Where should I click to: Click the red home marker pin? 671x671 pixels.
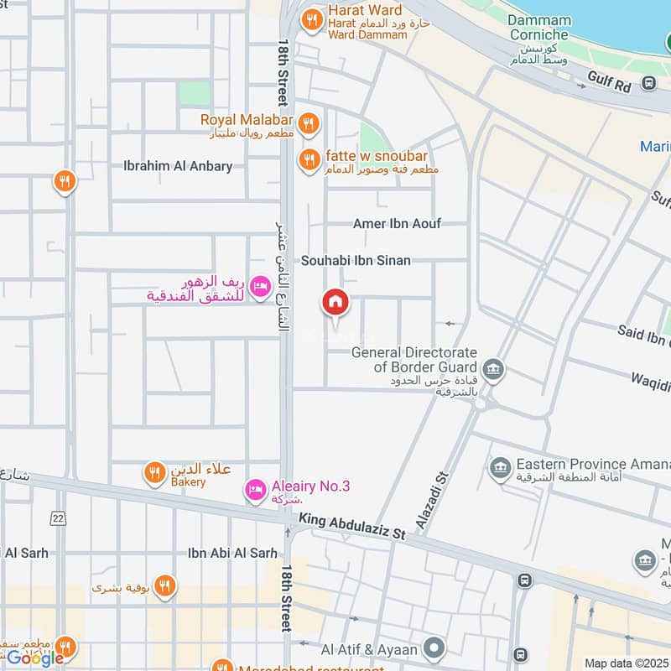point(335,303)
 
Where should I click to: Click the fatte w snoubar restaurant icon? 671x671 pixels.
point(309,158)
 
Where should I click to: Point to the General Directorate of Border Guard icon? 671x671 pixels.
point(493,367)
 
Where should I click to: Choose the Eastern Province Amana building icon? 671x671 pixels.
point(501,466)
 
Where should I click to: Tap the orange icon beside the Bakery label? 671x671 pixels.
point(153,474)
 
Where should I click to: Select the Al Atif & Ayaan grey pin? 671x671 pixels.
point(434,648)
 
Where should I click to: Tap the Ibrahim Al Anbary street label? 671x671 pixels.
point(178,166)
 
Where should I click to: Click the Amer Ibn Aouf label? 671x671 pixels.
point(397,223)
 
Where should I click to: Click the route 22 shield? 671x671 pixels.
point(57,519)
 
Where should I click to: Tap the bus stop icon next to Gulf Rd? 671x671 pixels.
point(649,82)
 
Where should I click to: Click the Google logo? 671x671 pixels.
point(35,658)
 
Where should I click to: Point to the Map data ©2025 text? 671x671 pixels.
point(626,663)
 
